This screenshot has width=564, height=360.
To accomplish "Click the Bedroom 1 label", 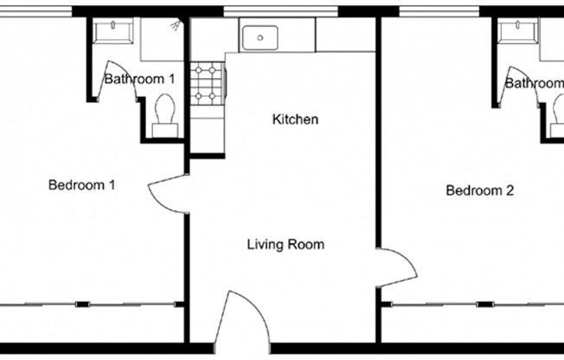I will (x=82, y=184).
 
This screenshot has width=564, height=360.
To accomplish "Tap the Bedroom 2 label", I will (x=479, y=190).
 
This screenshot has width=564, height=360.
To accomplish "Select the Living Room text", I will (x=285, y=245).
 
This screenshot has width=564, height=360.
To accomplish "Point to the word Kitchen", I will (x=295, y=119).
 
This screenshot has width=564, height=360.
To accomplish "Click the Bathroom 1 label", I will (x=139, y=79).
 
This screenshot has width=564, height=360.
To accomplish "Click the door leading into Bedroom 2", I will (x=393, y=262).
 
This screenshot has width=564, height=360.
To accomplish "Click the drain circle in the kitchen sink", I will (x=260, y=38).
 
